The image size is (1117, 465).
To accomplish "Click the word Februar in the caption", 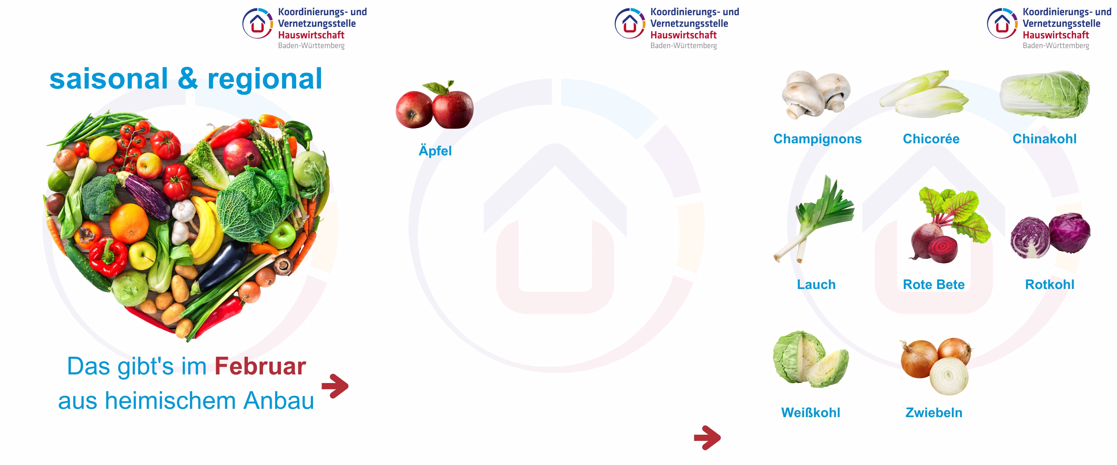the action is pos(260,366).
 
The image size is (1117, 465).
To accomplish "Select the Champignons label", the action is pos(817,139).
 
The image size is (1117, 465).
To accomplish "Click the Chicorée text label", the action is pos(931,139).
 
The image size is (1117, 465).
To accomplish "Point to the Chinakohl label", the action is pos(1044,139).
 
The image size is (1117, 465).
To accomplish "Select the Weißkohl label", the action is pos(811,413).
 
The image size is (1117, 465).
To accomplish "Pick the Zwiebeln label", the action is pos(934,413).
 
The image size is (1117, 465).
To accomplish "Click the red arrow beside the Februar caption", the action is pos(335,386).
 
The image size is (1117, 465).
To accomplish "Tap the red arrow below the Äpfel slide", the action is pos(707,438).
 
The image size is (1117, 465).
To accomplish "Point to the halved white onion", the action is pos(949,376).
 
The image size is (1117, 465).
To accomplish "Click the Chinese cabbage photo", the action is pos(1044,94).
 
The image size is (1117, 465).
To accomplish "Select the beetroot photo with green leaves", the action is pos(950,225).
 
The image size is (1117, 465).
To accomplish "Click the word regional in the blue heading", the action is pos(264,79).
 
